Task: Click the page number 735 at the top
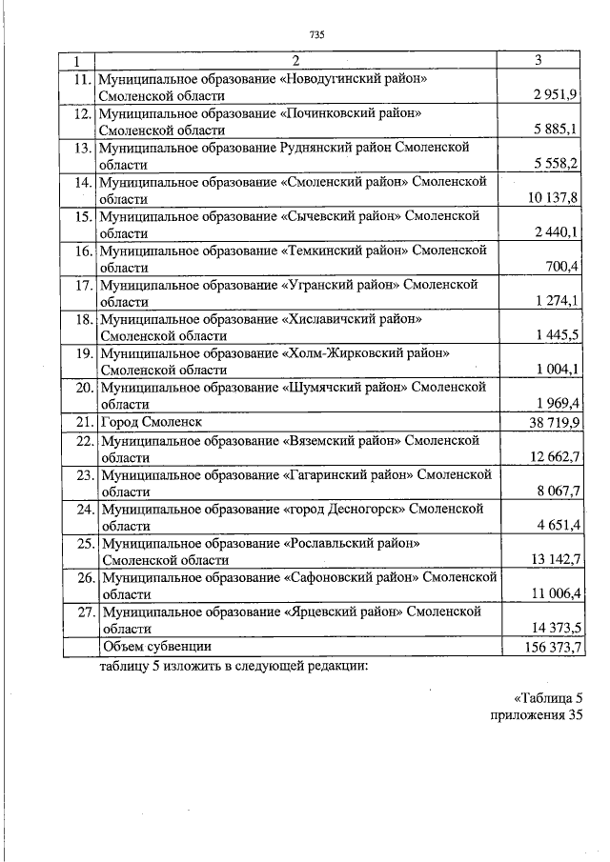point(317,35)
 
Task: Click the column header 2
point(295,61)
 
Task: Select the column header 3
point(539,61)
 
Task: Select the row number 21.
point(84,421)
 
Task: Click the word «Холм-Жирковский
point(329,353)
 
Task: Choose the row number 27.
point(84,611)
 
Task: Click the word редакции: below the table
point(331,666)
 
